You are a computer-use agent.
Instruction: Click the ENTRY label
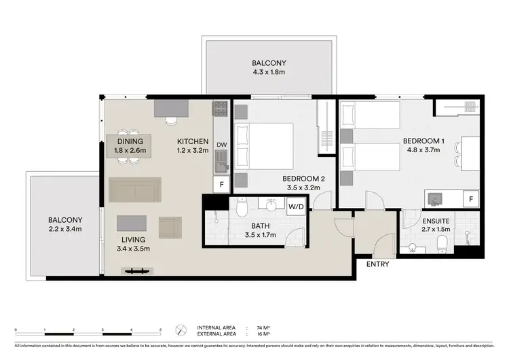pos(377,264)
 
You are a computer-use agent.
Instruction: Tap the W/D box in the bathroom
pos(296,206)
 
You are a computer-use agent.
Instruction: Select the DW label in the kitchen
pos(221,145)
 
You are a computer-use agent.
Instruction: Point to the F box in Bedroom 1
pos(471,198)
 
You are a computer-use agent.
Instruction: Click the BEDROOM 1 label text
pos(423,141)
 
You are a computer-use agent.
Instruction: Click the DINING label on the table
pos(129,141)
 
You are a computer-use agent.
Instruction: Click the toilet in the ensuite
pos(442,242)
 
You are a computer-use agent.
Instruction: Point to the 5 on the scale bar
pos(159,329)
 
